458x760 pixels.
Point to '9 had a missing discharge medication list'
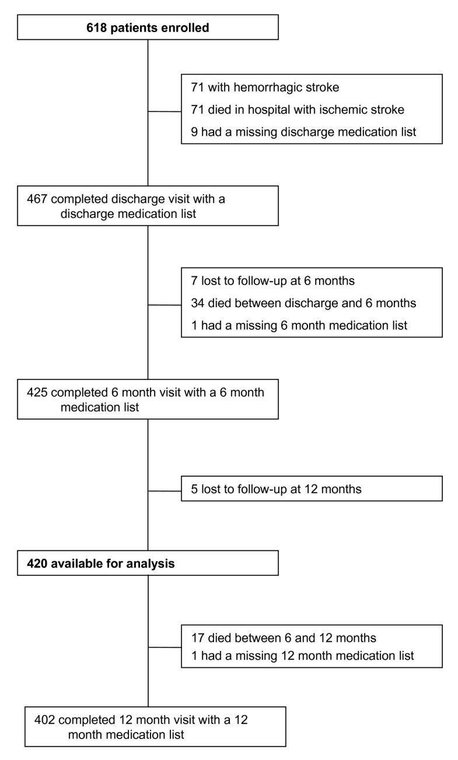pyautogui.click(x=303, y=132)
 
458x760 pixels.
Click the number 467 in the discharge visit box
pyautogui.click(x=37, y=199)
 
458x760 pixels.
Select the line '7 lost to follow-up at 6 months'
pyautogui.click(x=272, y=281)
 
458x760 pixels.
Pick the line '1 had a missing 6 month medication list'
pyautogui.click(x=299, y=325)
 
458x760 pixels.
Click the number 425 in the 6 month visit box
pyautogui.click(x=37, y=392)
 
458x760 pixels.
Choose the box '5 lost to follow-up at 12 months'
pyautogui.click(x=312, y=489)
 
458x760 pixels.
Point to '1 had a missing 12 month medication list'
pyautogui.click(x=302, y=656)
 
